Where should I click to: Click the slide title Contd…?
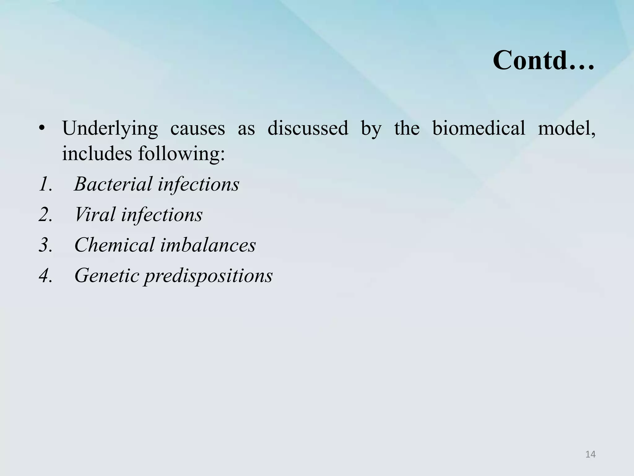click(x=543, y=60)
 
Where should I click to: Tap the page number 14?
click(x=590, y=454)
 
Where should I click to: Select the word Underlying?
click(x=110, y=128)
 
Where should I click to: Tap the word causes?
click(x=198, y=128)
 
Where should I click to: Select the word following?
click(x=181, y=154)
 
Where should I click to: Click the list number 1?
click(x=45, y=184)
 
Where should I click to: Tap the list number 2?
click(x=46, y=214)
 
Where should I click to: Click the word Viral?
click(x=95, y=214)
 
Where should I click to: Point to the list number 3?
click(x=46, y=245)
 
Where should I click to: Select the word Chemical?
click(x=114, y=245)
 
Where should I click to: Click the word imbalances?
click(x=208, y=245)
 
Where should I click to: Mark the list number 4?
click(x=46, y=275)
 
